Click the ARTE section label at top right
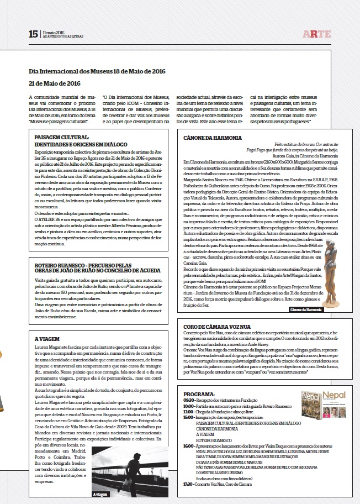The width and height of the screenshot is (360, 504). pyautogui.click(x=319, y=34)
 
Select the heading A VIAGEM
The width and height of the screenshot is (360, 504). pyautogui.click(x=47, y=339)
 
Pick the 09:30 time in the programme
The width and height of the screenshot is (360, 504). pyautogui.click(x=188, y=399)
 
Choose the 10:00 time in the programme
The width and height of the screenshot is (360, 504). pyautogui.click(x=188, y=406)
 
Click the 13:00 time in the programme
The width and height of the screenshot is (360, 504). pyautogui.click(x=188, y=412)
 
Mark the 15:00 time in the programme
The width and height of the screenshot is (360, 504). pyautogui.click(x=188, y=418)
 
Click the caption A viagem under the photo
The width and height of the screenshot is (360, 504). pyautogui.click(x=101, y=495)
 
